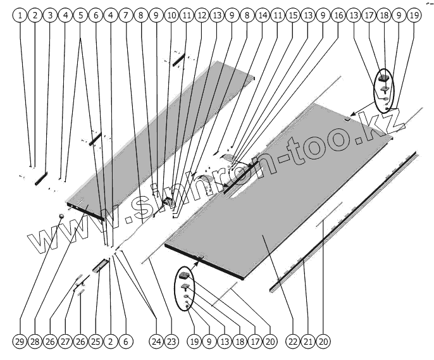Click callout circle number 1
[20, 13]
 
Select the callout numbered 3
[51, 13]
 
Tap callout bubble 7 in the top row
[126, 13]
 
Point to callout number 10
[171, 13]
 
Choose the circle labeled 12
[201, 13]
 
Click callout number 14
[262, 13]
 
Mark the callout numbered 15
[292, 13]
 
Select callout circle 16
[338, 13]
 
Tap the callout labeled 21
[307, 342]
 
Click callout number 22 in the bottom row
[292, 342]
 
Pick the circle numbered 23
[171, 342]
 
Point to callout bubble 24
[156, 342]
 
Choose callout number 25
[96, 342]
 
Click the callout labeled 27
[65, 342]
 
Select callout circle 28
[35, 342]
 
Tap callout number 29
[20, 342]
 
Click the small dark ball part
[61, 216]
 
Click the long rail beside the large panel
[342, 221]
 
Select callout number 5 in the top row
[80, 13]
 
